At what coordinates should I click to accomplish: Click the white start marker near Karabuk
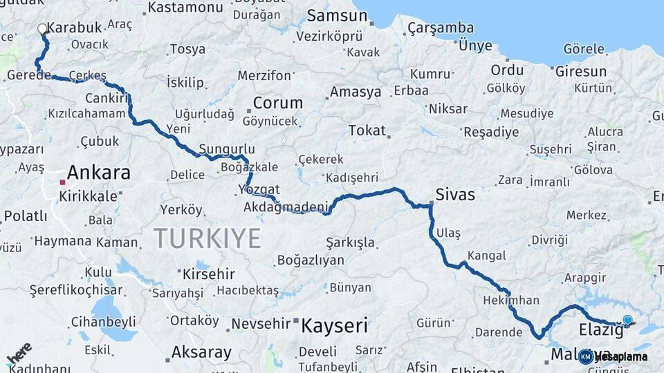point(42,29)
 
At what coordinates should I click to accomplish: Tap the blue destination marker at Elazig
point(627,320)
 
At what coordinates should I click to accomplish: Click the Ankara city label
point(98,172)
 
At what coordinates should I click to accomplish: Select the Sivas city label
point(455,195)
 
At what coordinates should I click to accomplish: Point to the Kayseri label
point(333,325)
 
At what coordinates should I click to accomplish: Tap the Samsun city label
point(337,15)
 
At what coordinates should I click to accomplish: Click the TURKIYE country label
point(207,238)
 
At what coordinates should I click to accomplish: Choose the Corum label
point(277,103)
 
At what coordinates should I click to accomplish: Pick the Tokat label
point(367,130)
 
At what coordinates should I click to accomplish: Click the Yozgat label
point(259,189)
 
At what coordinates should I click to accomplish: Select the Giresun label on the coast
point(581,70)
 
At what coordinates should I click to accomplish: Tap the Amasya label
point(356,92)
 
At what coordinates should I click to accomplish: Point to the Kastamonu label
point(185,8)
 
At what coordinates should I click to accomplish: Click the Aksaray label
point(201,352)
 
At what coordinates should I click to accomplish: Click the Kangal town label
point(482,256)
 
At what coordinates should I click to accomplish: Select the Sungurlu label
point(226,149)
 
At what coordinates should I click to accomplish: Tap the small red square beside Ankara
point(62,182)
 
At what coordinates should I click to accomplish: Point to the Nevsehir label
point(260,323)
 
